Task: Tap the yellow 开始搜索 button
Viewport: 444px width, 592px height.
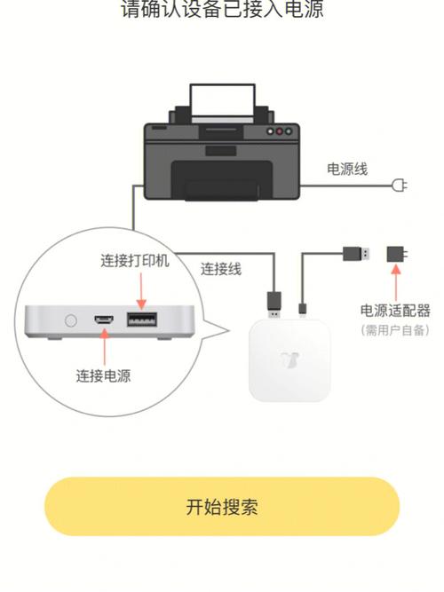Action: (221, 507)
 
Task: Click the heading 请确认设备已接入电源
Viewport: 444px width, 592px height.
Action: (221, 10)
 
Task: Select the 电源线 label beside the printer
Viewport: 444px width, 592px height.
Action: (347, 169)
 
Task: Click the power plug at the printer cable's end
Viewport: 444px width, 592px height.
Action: (400, 185)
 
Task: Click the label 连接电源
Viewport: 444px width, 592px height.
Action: (103, 375)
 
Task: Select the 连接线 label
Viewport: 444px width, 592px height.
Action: (221, 269)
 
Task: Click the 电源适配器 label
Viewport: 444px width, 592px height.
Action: (395, 310)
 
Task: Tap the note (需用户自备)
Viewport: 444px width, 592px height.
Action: (395, 330)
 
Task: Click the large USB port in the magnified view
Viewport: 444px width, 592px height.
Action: (139, 320)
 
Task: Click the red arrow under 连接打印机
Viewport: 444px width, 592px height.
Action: (139, 289)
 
